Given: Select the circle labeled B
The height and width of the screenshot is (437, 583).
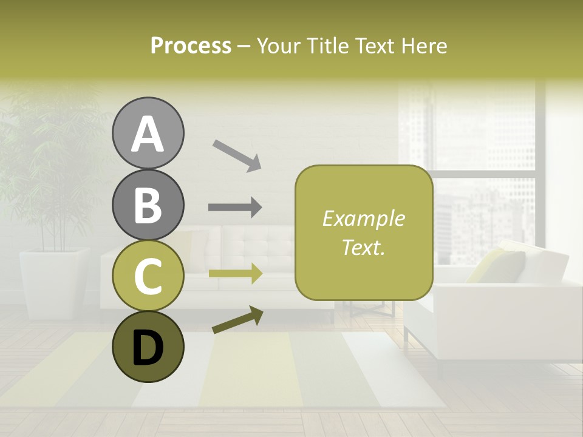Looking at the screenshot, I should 148,205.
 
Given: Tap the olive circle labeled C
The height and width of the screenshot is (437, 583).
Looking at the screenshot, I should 148,276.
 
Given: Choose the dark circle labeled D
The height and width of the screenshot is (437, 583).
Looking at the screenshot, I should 148,347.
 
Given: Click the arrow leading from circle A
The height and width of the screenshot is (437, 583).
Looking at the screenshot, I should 237,154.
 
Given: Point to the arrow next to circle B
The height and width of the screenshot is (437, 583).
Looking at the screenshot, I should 235,208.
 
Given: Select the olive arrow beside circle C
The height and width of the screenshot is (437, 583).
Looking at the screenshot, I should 235,274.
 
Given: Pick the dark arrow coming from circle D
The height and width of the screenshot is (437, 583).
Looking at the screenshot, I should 237,320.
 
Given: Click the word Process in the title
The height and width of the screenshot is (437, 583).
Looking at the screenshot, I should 191,46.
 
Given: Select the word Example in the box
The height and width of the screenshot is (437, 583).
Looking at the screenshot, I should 363,218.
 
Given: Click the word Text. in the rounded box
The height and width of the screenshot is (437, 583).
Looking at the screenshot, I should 363,247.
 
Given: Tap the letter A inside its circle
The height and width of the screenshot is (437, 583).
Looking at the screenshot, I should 148,134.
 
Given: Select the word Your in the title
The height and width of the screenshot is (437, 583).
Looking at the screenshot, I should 279,46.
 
